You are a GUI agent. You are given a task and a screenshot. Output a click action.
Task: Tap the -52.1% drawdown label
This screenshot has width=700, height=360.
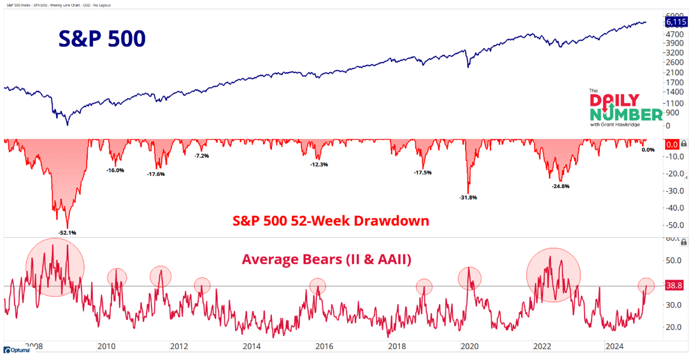(67, 233)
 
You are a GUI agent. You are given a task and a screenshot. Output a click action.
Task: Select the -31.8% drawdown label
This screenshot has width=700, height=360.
(468, 198)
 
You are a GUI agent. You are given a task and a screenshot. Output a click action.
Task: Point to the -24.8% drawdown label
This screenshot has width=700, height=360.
(561, 187)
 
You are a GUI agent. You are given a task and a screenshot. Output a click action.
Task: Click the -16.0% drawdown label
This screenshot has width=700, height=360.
(115, 170)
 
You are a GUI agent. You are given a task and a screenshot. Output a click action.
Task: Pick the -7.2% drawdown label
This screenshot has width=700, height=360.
(201, 156)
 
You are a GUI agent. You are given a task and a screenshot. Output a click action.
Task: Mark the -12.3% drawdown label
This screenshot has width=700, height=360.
(318, 164)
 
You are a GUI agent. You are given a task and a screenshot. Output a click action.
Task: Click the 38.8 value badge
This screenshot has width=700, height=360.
(674, 286)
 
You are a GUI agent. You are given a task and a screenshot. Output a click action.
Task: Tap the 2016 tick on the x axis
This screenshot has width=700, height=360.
(324, 347)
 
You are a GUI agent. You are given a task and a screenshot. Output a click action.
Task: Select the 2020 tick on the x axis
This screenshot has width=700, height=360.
(469, 347)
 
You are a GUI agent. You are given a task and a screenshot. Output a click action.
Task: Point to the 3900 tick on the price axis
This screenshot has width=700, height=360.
(674, 42)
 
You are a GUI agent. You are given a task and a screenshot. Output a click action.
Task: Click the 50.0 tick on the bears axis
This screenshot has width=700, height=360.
(673, 260)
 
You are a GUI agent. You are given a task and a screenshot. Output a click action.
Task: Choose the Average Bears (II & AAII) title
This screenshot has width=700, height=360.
(326, 259)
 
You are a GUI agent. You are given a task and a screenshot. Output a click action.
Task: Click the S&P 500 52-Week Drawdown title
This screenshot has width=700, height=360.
(331, 220)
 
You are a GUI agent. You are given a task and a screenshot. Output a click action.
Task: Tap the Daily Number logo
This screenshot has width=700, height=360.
(625, 108)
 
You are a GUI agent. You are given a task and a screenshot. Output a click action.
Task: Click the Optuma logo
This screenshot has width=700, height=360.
(17, 350)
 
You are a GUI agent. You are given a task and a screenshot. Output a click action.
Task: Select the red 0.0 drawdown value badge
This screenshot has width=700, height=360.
(671, 145)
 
